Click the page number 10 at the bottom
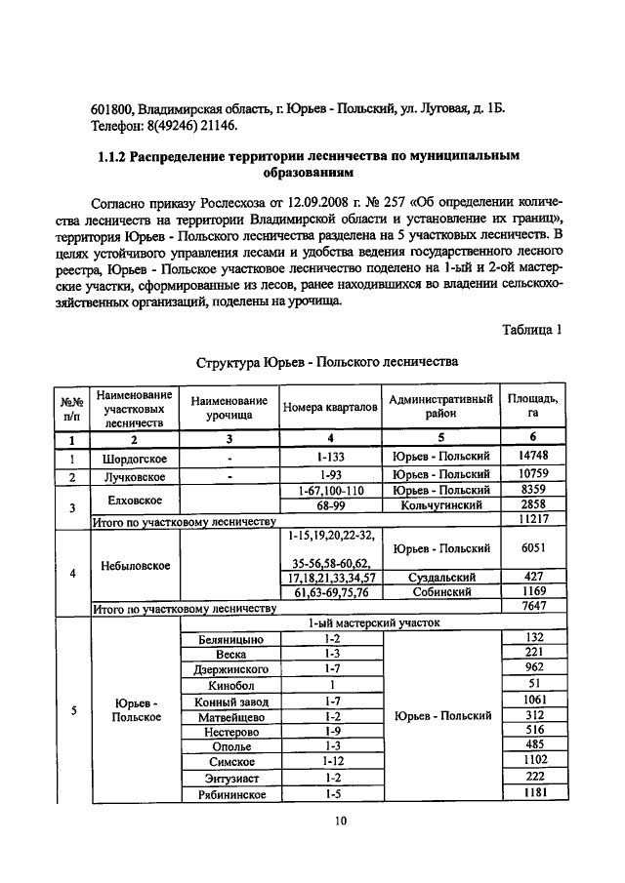tap(340, 821)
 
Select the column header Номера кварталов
tap(330, 408)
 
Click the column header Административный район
tap(440, 408)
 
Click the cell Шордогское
tap(135, 458)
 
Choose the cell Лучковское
tap(135, 476)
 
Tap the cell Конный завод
tap(232, 701)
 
